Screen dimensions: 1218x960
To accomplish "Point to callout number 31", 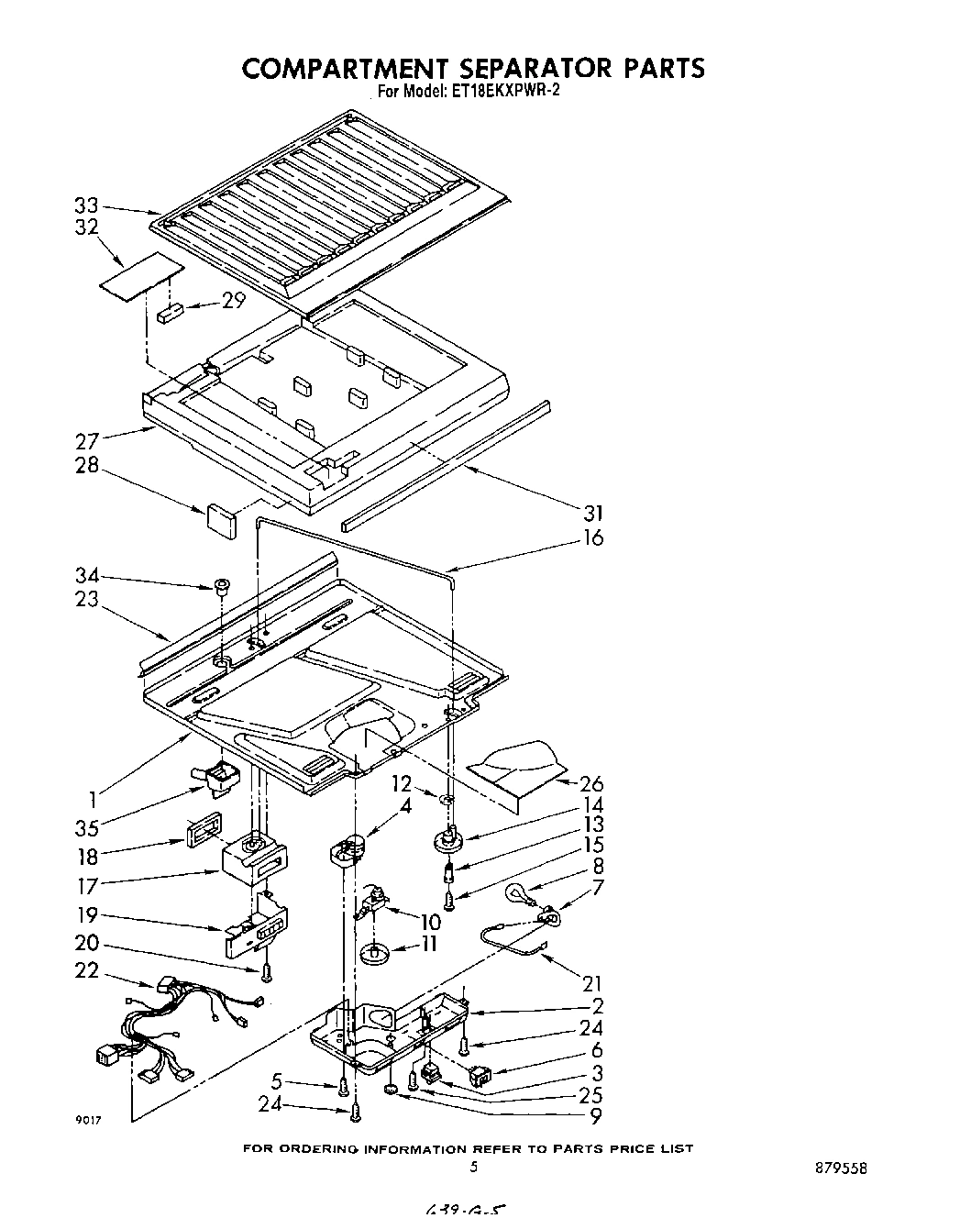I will [591, 512].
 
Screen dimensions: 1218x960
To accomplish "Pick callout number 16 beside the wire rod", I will [593, 537].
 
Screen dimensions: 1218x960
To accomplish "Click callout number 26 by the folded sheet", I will [592, 783].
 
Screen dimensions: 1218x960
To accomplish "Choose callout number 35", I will [86, 830].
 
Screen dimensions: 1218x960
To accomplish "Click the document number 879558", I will [839, 1168].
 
